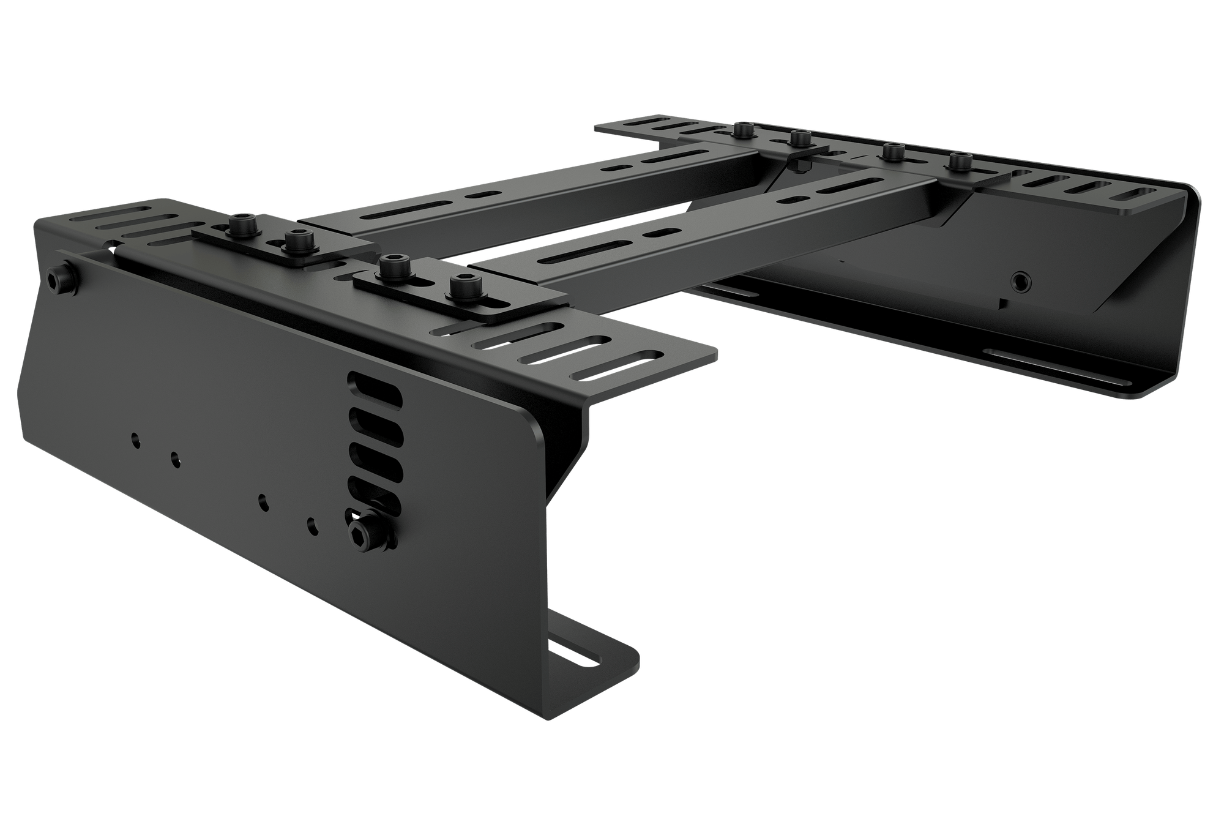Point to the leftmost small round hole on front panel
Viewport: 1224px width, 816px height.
pos(135,438)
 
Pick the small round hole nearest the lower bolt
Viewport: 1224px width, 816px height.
pos(312,525)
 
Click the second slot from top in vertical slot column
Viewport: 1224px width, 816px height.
pos(375,423)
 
